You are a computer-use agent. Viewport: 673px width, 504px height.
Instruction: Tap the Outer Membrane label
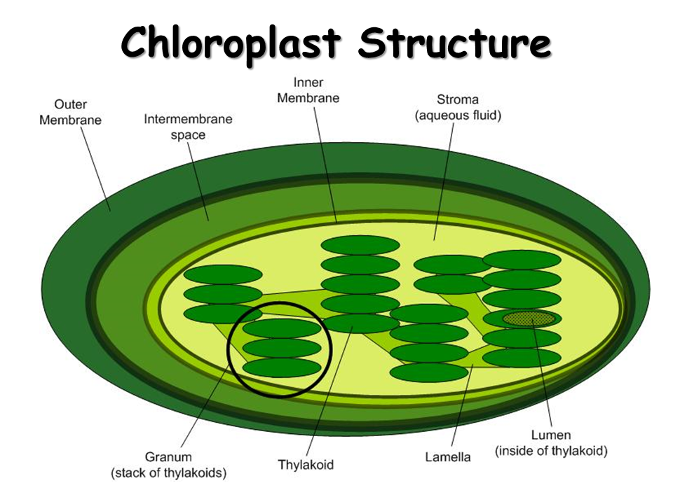(x=70, y=112)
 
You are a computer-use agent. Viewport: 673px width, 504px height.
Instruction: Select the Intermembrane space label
(x=188, y=126)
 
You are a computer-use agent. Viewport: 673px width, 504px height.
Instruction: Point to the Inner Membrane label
(x=308, y=90)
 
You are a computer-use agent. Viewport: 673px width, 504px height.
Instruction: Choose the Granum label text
(x=168, y=458)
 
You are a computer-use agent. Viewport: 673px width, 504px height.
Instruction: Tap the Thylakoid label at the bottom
(x=306, y=465)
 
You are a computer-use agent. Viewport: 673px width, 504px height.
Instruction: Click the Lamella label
(x=448, y=458)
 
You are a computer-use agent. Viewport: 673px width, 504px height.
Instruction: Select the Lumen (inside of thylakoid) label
(x=551, y=443)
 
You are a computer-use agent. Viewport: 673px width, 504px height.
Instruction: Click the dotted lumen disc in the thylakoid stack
(x=529, y=319)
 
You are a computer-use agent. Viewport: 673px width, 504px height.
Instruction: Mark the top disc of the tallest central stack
(x=360, y=245)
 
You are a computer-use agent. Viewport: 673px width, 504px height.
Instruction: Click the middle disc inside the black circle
(x=281, y=348)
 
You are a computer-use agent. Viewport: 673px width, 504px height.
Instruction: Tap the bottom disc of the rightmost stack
(x=522, y=358)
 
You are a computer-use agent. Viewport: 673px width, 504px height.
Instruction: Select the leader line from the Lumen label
(x=544, y=378)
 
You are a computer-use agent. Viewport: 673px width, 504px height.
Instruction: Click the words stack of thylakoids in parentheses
(x=168, y=473)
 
